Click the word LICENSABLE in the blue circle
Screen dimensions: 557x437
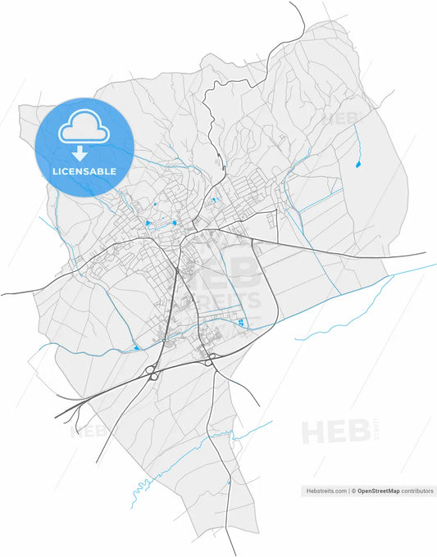point(84,171)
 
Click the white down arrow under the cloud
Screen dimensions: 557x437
point(80,153)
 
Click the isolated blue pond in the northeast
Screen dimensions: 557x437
point(357,165)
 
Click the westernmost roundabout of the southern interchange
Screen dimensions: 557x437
point(152,376)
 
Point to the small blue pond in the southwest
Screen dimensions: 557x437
point(136,348)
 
